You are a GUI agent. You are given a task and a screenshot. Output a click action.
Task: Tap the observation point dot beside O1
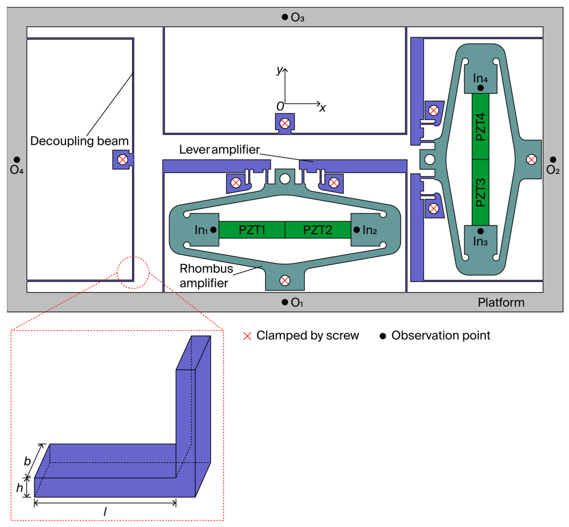(x=284, y=302)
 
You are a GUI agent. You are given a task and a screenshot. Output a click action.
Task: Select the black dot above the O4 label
(x=17, y=159)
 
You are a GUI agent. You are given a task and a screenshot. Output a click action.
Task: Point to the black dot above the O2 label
(x=553, y=159)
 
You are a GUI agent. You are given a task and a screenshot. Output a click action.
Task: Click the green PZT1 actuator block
(x=252, y=230)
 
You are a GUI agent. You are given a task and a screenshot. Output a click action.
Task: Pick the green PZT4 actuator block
(x=480, y=127)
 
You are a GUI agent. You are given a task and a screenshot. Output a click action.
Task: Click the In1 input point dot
(x=213, y=230)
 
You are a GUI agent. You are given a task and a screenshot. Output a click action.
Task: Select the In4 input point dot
(x=480, y=88)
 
